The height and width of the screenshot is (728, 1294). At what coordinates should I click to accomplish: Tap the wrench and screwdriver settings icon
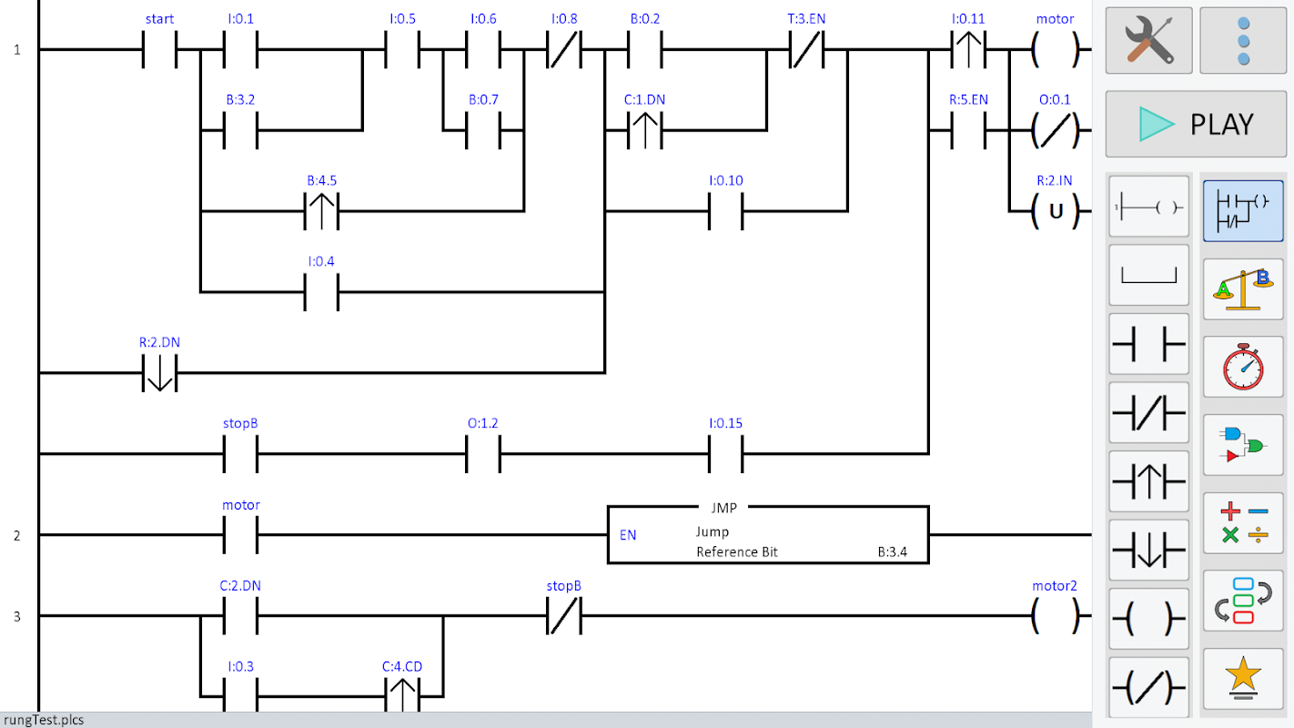[1148, 40]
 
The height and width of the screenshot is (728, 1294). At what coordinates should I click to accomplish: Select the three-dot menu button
[1243, 40]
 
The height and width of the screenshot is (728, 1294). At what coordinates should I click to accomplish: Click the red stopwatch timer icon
[1243, 367]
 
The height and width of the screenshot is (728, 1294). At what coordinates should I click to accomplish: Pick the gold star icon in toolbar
[1243, 679]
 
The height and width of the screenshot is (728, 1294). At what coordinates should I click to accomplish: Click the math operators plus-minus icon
[1243, 523]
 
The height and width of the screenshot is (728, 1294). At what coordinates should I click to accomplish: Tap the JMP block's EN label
[628, 535]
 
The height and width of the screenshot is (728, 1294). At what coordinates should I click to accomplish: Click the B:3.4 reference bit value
[892, 551]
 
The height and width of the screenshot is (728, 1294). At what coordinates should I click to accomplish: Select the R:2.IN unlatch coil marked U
[1056, 212]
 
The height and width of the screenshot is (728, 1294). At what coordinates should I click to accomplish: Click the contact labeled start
[159, 50]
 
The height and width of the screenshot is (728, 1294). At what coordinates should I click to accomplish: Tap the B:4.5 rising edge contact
[320, 212]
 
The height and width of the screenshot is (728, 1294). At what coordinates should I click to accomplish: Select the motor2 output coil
[1056, 616]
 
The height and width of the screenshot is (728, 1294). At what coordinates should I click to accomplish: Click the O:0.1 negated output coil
[1056, 131]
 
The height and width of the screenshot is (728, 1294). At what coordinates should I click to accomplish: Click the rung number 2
[16, 535]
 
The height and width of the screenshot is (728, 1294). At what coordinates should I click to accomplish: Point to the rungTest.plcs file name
[44, 720]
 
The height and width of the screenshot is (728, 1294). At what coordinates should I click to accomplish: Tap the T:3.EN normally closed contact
[806, 50]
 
